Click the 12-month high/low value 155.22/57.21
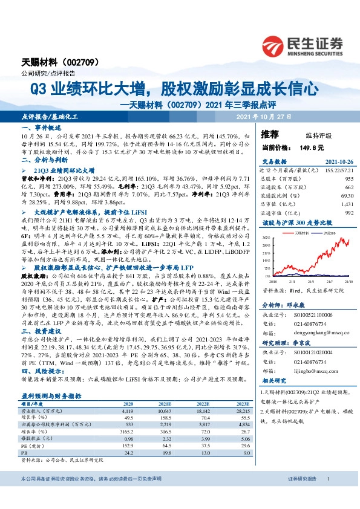(x=339, y=171)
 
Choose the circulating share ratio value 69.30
(x=347, y=196)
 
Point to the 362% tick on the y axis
(x=266, y=238)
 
